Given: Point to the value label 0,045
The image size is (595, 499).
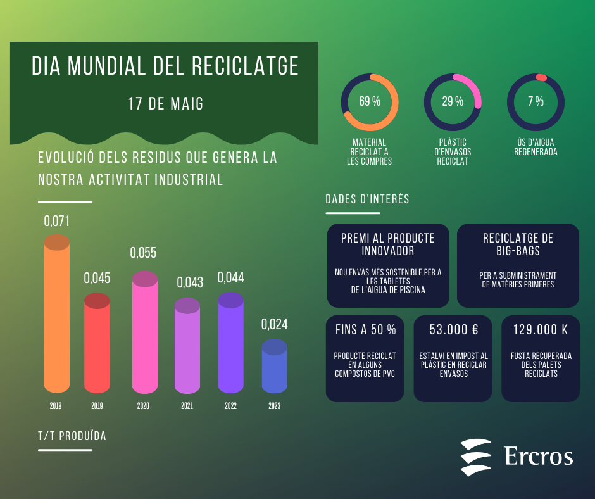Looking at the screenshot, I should point(97,278).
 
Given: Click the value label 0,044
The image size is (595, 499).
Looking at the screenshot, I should point(230,277).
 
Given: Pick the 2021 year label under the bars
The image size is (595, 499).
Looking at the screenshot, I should point(187,406).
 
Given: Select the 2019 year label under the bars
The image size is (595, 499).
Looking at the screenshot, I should point(97,406).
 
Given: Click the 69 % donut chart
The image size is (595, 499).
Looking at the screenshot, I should point(370,102).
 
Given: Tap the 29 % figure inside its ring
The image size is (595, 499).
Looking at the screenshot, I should point(453,101).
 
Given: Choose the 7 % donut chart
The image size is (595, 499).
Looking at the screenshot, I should point(535,102).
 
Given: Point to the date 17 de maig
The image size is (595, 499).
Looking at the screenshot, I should point(166,104).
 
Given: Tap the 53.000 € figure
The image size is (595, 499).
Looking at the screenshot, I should point(453,330).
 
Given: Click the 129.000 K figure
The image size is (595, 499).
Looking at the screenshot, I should point(540,330).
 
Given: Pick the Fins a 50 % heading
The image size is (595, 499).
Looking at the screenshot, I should point(365,330).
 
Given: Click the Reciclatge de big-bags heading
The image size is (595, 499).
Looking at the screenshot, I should point(518,244).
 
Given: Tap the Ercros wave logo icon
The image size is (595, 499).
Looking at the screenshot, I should point(475,457).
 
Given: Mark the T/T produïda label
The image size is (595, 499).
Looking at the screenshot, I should point(72,436).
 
